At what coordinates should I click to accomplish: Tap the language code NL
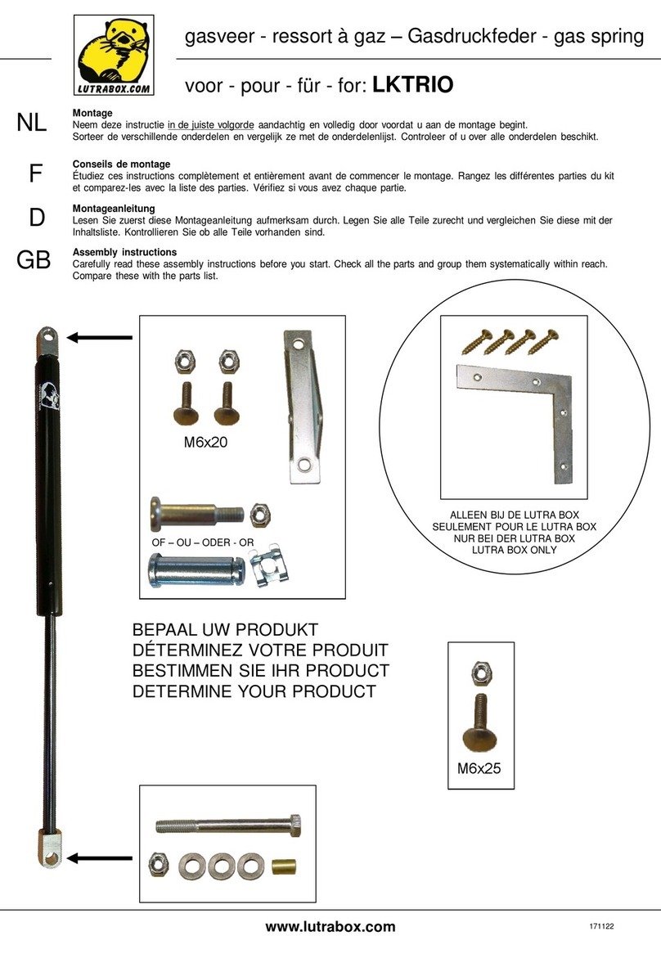click(32, 123)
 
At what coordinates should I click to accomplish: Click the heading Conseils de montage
click(121, 164)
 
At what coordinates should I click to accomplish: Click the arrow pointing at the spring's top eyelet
click(100, 336)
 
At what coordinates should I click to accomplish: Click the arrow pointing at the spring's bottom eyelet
click(100, 857)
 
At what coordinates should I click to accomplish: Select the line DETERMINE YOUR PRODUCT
click(254, 692)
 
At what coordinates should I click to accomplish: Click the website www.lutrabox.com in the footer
click(330, 926)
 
